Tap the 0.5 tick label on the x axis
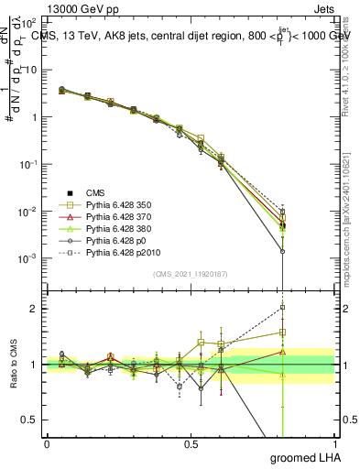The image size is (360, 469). [x=191, y=443]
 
